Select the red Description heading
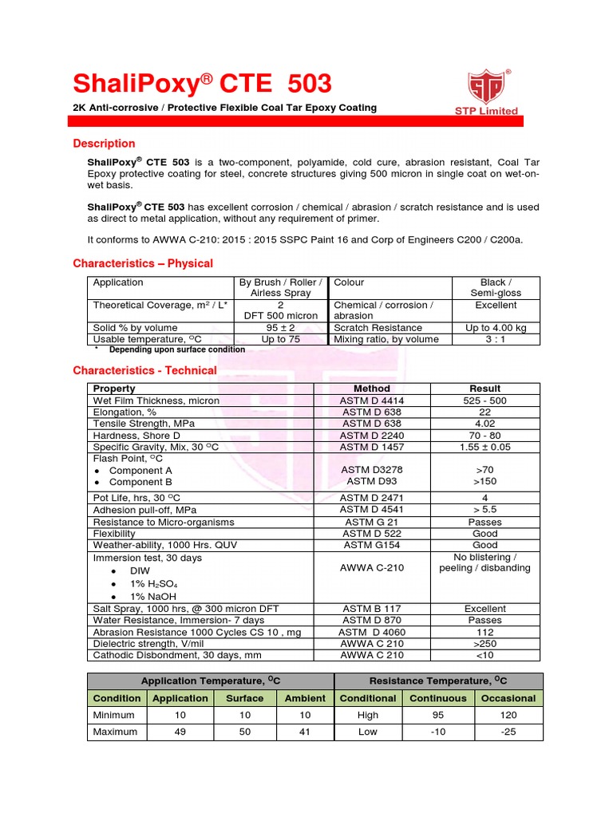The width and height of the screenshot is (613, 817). (x=104, y=144)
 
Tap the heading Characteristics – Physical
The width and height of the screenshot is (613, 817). (x=143, y=263)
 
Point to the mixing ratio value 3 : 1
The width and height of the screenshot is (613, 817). (x=496, y=339)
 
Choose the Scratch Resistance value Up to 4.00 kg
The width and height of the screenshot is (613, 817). (x=496, y=328)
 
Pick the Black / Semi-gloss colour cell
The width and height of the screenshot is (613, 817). (x=496, y=288)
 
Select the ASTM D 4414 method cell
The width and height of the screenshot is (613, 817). (x=371, y=401)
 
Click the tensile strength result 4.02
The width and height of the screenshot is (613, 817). (x=485, y=424)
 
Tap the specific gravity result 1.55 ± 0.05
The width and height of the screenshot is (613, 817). (x=485, y=448)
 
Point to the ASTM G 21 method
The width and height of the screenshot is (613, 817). (x=371, y=522)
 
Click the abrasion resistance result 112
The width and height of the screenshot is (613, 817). (x=485, y=632)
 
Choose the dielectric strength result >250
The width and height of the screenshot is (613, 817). (x=485, y=644)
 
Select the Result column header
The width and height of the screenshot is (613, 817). (x=485, y=389)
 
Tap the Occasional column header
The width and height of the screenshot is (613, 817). (x=508, y=698)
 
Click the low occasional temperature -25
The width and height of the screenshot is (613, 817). (x=508, y=732)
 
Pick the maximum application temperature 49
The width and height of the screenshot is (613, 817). (x=180, y=732)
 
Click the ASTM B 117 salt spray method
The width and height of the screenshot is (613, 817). (x=371, y=609)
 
